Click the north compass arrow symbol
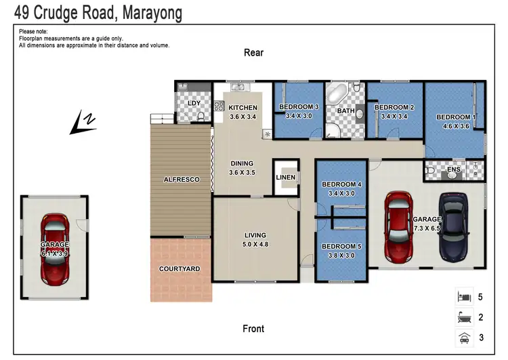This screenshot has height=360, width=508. [x=84, y=122]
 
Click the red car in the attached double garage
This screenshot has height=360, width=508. [x=398, y=226]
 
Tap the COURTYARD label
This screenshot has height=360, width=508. [x=179, y=269]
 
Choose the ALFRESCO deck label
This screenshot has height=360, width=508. [x=181, y=180]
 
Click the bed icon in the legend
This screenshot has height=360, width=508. [x=464, y=297]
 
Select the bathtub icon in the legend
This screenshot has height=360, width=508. [x=464, y=317]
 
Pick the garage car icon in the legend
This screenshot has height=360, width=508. [x=464, y=336]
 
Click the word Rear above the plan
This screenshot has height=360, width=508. [x=253, y=53]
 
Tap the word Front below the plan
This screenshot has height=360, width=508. [x=253, y=329]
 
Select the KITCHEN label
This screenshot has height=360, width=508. [x=242, y=108]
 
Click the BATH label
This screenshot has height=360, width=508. [x=345, y=111]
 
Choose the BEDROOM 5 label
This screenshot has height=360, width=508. [x=341, y=246]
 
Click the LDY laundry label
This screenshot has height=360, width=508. [x=194, y=103]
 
